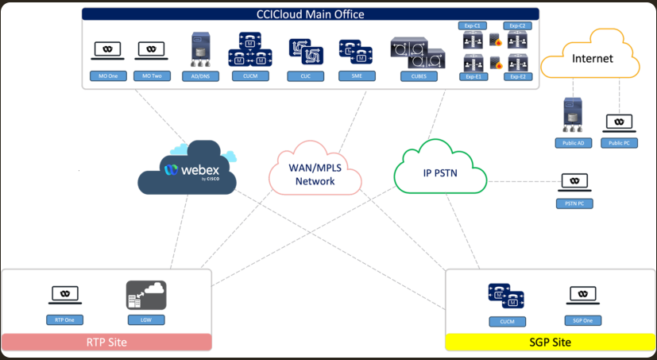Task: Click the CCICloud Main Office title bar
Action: click(x=311, y=14)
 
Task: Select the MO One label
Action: click(x=108, y=76)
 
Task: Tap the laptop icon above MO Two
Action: click(x=152, y=50)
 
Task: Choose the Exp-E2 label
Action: click(x=519, y=76)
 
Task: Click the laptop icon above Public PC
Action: click(x=618, y=122)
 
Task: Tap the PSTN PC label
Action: click(x=574, y=203)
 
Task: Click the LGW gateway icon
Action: click(x=145, y=295)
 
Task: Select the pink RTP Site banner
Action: click(x=106, y=343)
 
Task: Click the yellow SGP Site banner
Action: click(x=549, y=343)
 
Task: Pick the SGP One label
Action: click(x=583, y=320)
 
